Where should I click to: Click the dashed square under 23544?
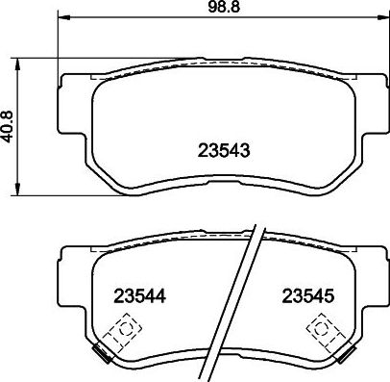point(121,333)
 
